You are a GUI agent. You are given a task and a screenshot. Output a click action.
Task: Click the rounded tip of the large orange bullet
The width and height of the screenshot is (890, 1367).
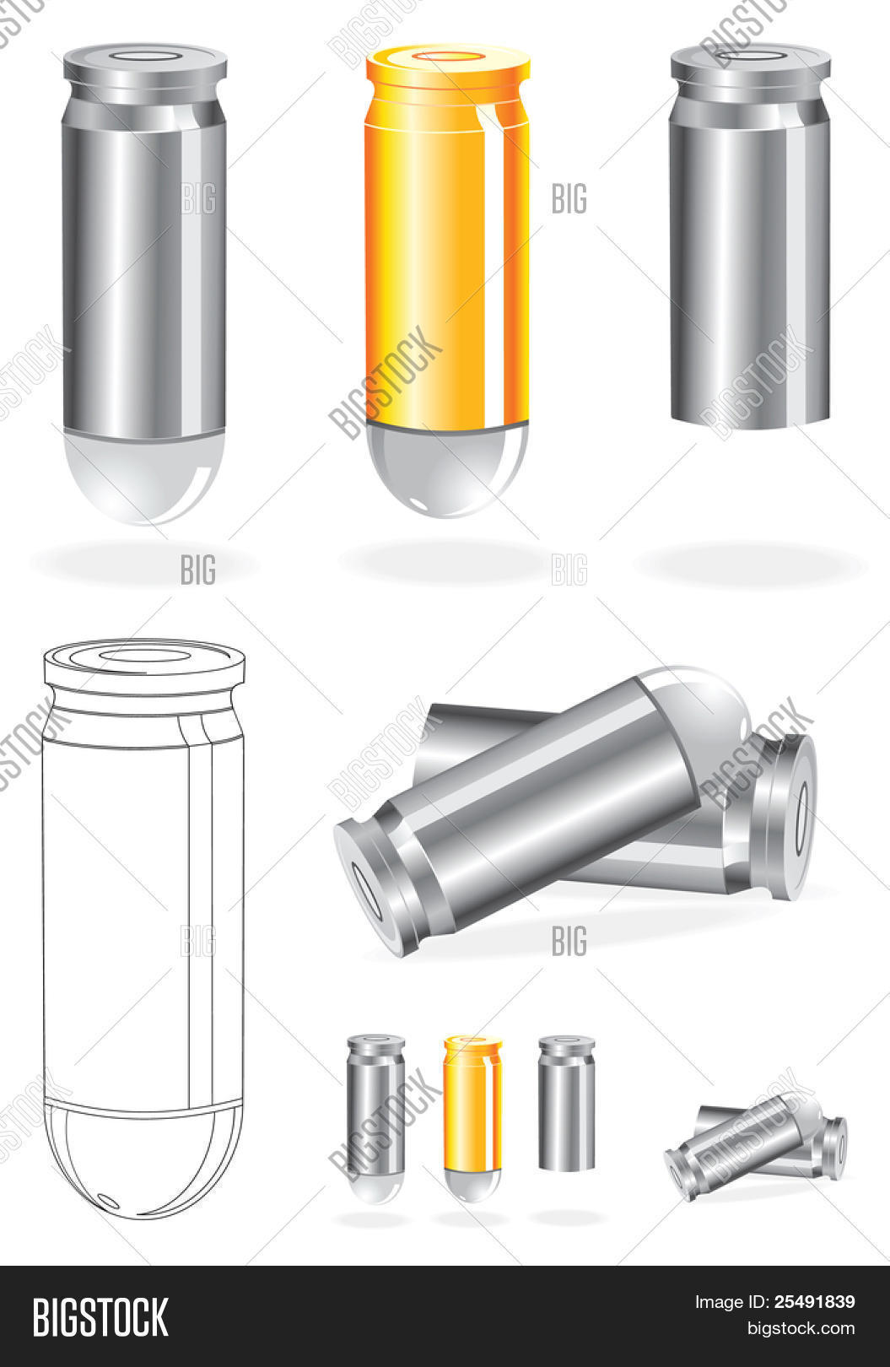(x=447, y=470)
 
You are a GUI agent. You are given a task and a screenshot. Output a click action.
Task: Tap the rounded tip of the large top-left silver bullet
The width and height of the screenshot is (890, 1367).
(x=144, y=479)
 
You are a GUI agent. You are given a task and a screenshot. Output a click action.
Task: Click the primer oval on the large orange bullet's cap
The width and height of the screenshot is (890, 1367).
(x=448, y=57)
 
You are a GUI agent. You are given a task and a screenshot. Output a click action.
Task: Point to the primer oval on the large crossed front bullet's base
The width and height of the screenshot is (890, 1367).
(x=366, y=892)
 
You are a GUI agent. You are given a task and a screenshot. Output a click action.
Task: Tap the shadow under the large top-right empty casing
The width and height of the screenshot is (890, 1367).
(x=750, y=564)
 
